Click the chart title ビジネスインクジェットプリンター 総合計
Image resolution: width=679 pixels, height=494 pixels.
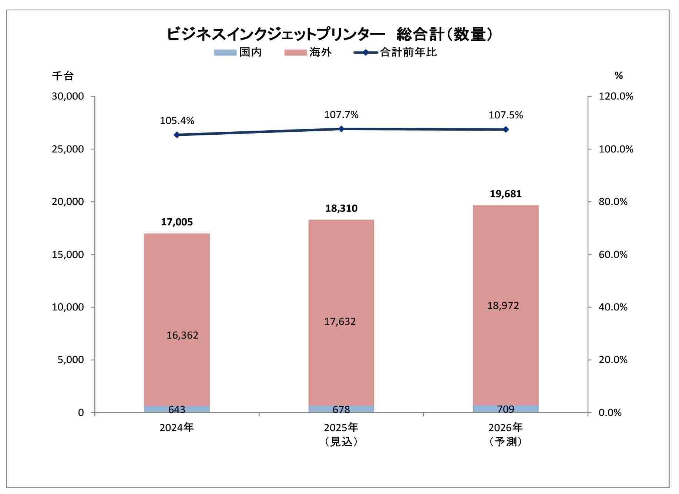(330, 34)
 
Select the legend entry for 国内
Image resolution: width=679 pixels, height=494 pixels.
(238, 52)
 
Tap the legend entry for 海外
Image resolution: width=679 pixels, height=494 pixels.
(308, 52)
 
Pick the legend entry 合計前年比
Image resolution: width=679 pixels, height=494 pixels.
(395, 52)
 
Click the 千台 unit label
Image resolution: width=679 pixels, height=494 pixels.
(63, 76)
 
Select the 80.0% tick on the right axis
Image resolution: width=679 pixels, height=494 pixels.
(613, 202)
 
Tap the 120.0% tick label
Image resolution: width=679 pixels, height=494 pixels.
(616, 97)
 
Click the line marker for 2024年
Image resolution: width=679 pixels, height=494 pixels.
(177, 135)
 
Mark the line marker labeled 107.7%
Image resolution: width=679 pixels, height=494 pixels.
(341, 129)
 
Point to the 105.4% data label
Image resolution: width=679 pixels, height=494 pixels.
(177, 121)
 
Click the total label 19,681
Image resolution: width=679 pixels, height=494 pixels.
(505, 194)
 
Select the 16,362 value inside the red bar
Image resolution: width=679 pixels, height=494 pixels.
(182, 335)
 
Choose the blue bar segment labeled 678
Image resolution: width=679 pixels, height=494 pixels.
(341, 409)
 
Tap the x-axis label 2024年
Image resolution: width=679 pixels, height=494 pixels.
(177, 428)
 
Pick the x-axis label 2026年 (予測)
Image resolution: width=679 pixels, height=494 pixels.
(505, 434)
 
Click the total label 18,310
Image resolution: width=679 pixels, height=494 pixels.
(341, 208)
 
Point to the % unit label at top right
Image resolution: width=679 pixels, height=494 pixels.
(618, 76)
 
